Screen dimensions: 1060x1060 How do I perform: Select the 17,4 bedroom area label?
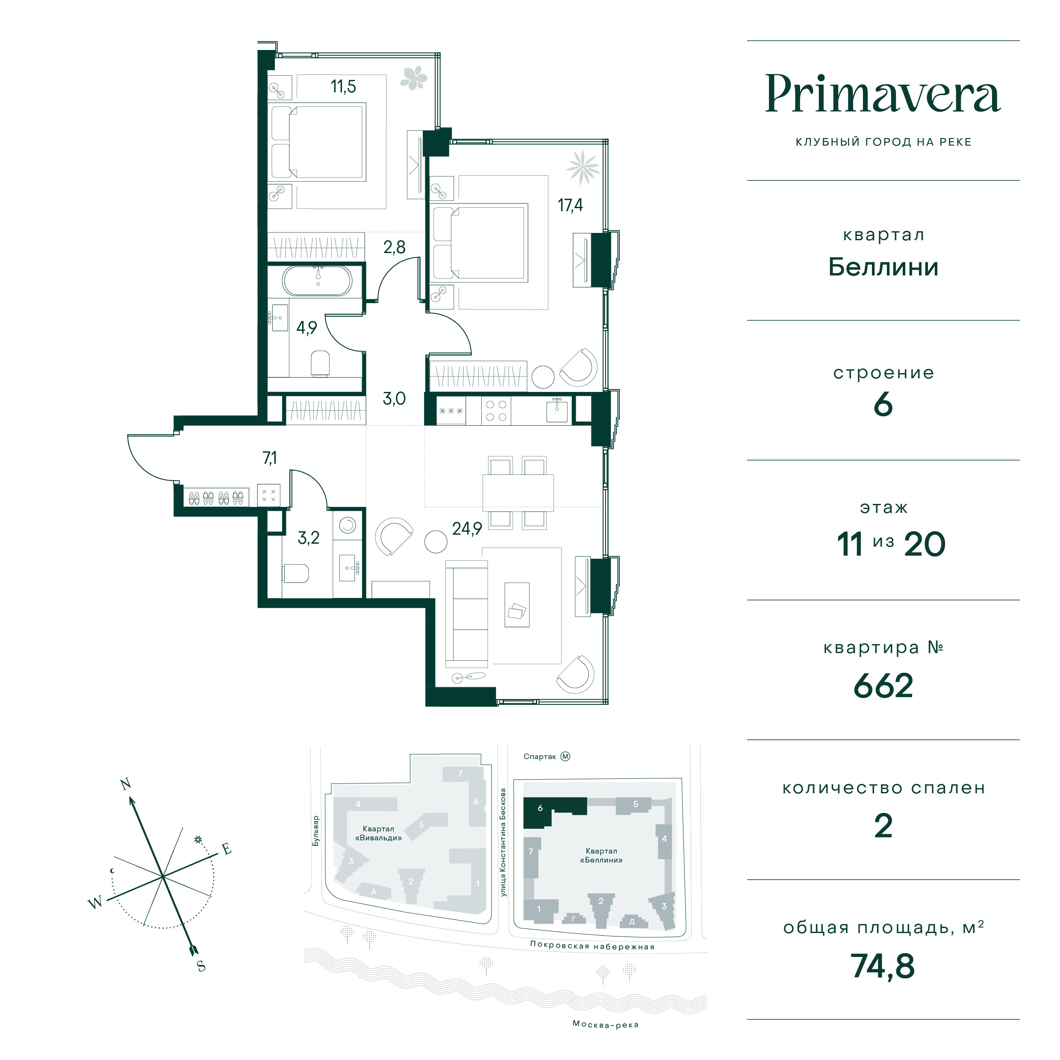(570, 205)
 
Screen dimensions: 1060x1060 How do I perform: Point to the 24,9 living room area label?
(467, 528)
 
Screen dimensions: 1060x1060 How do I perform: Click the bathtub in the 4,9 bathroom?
(317, 280)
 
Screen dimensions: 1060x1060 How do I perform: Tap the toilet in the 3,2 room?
(296, 574)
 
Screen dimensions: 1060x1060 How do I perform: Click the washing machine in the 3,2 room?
(347, 526)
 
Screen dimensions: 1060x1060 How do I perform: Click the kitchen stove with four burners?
(496, 410)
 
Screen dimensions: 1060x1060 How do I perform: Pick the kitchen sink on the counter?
(557, 410)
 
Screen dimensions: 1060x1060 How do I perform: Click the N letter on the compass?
(126, 783)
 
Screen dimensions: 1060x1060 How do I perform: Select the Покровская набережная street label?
(592, 945)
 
